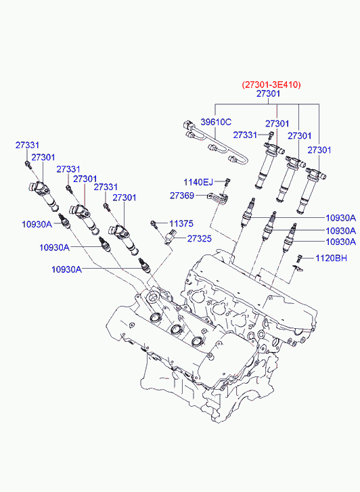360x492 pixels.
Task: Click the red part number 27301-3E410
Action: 271,85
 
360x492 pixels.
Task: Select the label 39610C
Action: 216,122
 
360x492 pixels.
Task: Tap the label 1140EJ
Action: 198,182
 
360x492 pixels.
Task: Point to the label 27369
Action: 182,196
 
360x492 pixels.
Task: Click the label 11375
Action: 181,224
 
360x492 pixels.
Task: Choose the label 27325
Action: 200,239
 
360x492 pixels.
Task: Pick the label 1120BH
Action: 331,259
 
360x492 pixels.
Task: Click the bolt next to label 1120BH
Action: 299,259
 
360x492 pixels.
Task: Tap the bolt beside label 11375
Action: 154,224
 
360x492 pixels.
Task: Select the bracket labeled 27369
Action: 217,198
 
